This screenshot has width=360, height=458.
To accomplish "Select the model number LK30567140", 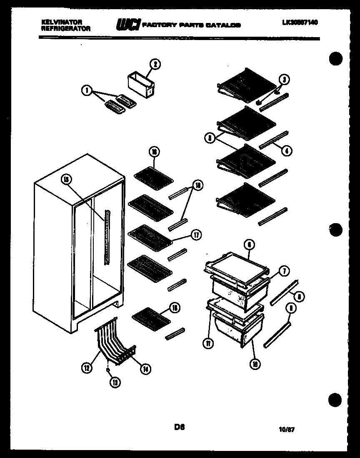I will coord(300,23).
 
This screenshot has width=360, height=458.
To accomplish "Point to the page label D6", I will coord(180,427).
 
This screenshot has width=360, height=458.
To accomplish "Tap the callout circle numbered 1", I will coord(87,90).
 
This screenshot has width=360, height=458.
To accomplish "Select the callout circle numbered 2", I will coord(155,64).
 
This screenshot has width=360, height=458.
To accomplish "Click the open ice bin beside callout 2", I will coord(140,85).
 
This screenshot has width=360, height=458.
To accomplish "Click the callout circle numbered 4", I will coord(286,151).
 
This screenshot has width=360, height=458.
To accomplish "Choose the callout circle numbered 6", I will coord(248,245).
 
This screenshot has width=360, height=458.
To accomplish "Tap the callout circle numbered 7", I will coord(284,271).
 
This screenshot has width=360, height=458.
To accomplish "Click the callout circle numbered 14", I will coord(145,369).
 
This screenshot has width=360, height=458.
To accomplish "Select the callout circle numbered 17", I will coord(195,235).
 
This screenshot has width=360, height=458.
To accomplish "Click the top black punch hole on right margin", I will coord(336,58).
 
